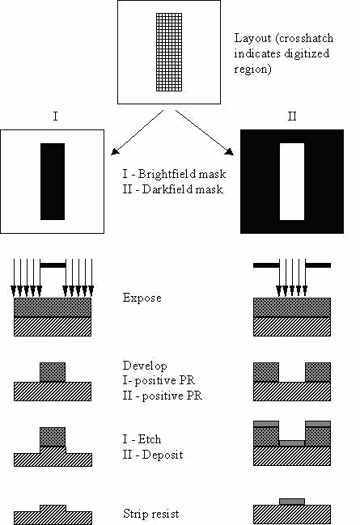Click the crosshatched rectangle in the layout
(x=169, y=53)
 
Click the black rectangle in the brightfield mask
(x=53, y=181)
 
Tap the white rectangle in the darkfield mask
(x=292, y=181)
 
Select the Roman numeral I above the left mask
(x=55, y=116)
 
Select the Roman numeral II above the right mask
(x=292, y=116)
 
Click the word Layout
(x=252, y=39)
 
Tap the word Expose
(x=142, y=298)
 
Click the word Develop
(x=145, y=366)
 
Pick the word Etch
(x=150, y=439)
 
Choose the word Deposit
(x=163, y=455)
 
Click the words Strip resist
(x=151, y=514)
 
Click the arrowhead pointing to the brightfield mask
(x=115, y=151)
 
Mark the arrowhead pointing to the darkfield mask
(x=230, y=151)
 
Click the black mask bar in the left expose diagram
(x=53, y=265)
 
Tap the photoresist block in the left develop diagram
(x=53, y=372)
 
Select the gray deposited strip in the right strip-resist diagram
(x=292, y=502)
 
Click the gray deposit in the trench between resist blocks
(x=292, y=443)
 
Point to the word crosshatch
(x=306, y=38)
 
